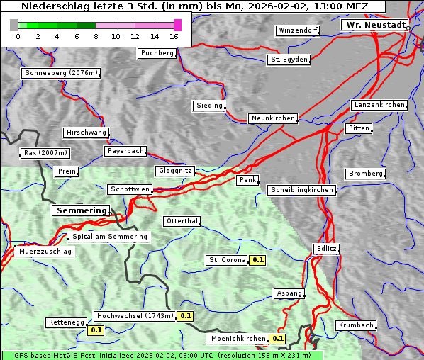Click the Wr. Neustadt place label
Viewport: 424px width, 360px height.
[375, 25]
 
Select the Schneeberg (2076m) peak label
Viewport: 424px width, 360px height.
[61, 73]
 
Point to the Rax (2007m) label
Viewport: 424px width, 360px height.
[45, 153]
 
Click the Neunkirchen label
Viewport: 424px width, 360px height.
[272, 118]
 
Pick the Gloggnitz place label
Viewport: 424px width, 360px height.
[174, 171]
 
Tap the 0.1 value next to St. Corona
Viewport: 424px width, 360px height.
[257, 260]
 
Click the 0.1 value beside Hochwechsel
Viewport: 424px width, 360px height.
[185, 316]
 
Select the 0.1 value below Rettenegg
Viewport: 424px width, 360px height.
[96, 330]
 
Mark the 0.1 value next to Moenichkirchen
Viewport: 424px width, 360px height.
[277, 339]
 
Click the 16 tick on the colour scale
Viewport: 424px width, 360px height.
[174, 37]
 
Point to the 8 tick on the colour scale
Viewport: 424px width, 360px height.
[96, 37]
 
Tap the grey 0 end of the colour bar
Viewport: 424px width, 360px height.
[14, 26]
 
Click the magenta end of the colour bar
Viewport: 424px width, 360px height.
[177, 26]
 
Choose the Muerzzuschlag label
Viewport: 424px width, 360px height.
[45, 252]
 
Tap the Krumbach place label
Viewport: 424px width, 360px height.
[355, 325]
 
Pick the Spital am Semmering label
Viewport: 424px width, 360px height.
[109, 237]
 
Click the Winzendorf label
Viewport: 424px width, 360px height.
[298, 31]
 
